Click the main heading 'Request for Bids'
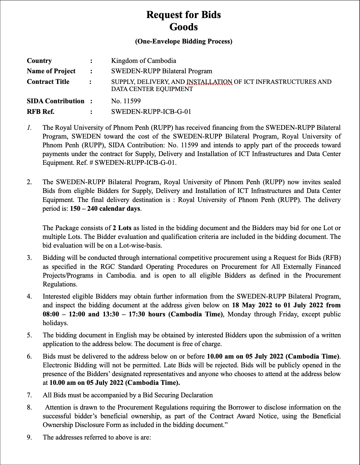(183, 15)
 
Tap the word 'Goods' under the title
(183, 27)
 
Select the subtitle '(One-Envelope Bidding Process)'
(183, 41)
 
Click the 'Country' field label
(39, 61)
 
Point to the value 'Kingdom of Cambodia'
(143, 61)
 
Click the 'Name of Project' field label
(51, 71)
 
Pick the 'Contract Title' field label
(48, 82)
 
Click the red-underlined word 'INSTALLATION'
(209, 82)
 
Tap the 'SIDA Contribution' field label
(55, 101)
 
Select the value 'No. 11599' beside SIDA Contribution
(126, 101)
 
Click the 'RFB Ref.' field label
(41, 112)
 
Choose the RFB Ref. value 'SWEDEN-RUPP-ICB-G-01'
(151, 112)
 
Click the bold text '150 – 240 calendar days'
(105, 209)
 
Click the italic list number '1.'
(29, 128)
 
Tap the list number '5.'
(29, 335)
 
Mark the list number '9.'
(29, 437)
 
